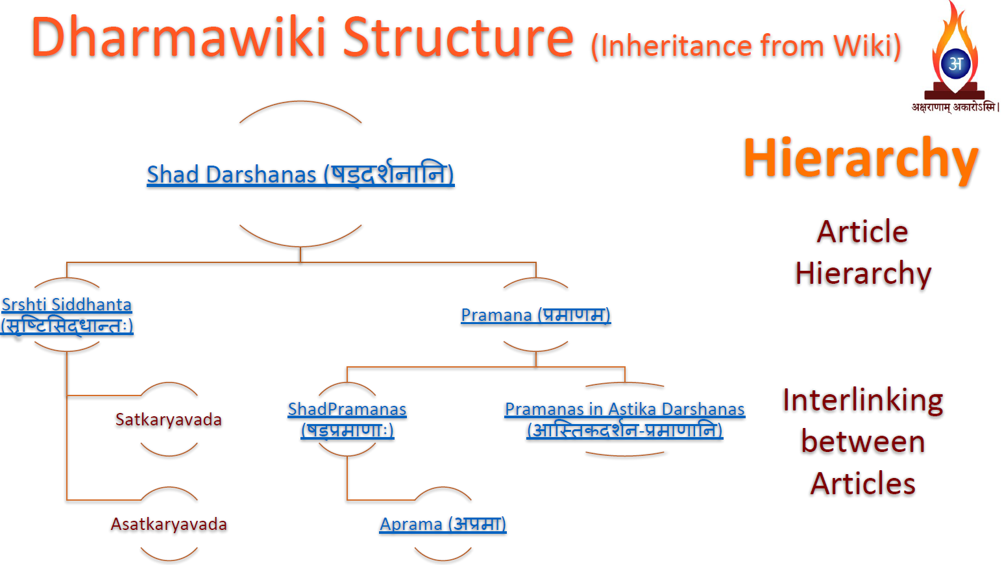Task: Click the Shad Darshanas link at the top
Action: [x=300, y=175]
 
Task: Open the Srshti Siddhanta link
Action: [x=67, y=305]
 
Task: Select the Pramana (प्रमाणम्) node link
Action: [x=535, y=315]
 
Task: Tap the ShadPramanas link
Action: [x=347, y=409]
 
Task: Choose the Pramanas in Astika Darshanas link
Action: [x=624, y=409]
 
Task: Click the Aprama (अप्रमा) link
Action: [x=443, y=524]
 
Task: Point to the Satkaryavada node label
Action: [x=169, y=420]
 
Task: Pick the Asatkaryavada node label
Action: [x=169, y=524]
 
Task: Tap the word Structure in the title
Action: [x=458, y=38]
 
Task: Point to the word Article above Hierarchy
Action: [x=862, y=232]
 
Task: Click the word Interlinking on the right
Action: [x=862, y=400]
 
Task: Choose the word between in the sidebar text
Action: [x=862, y=442]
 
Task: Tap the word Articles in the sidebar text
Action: [x=862, y=484]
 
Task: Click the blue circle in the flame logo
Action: [x=955, y=64]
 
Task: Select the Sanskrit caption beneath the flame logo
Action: [x=955, y=107]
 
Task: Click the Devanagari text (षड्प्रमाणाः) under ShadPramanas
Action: [x=347, y=430]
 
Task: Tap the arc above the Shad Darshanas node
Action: [x=300, y=103]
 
